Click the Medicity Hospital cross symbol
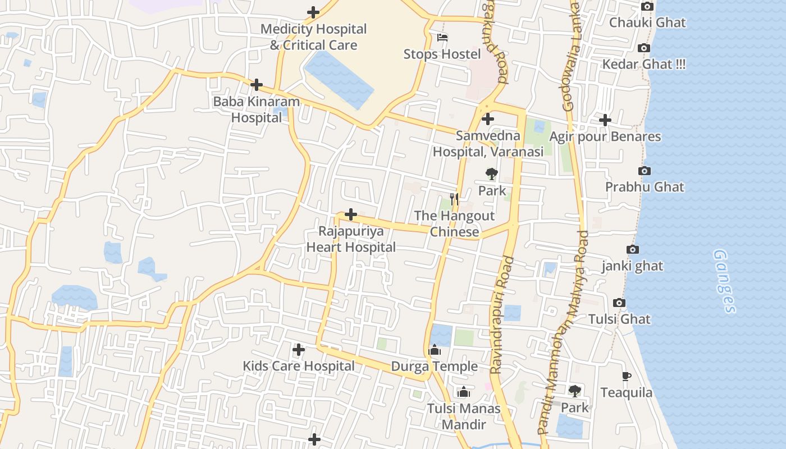(313, 12)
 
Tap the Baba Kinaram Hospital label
(256, 110)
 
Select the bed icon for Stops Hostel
(442, 38)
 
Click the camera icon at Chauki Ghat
(647, 7)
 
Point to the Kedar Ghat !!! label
(643, 64)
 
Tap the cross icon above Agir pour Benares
(605, 120)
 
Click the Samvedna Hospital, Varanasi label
(488, 144)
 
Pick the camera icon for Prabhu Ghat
(645, 171)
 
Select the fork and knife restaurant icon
(454, 199)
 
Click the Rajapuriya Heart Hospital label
(351, 239)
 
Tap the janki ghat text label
(632, 266)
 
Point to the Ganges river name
(724, 281)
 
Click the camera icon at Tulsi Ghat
(619, 303)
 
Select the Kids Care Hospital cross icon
(299, 350)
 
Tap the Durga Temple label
(434, 366)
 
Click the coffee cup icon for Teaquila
(627, 376)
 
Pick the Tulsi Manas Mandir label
(463, 416)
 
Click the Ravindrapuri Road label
(502, 314)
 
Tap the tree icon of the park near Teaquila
(574, 391)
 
